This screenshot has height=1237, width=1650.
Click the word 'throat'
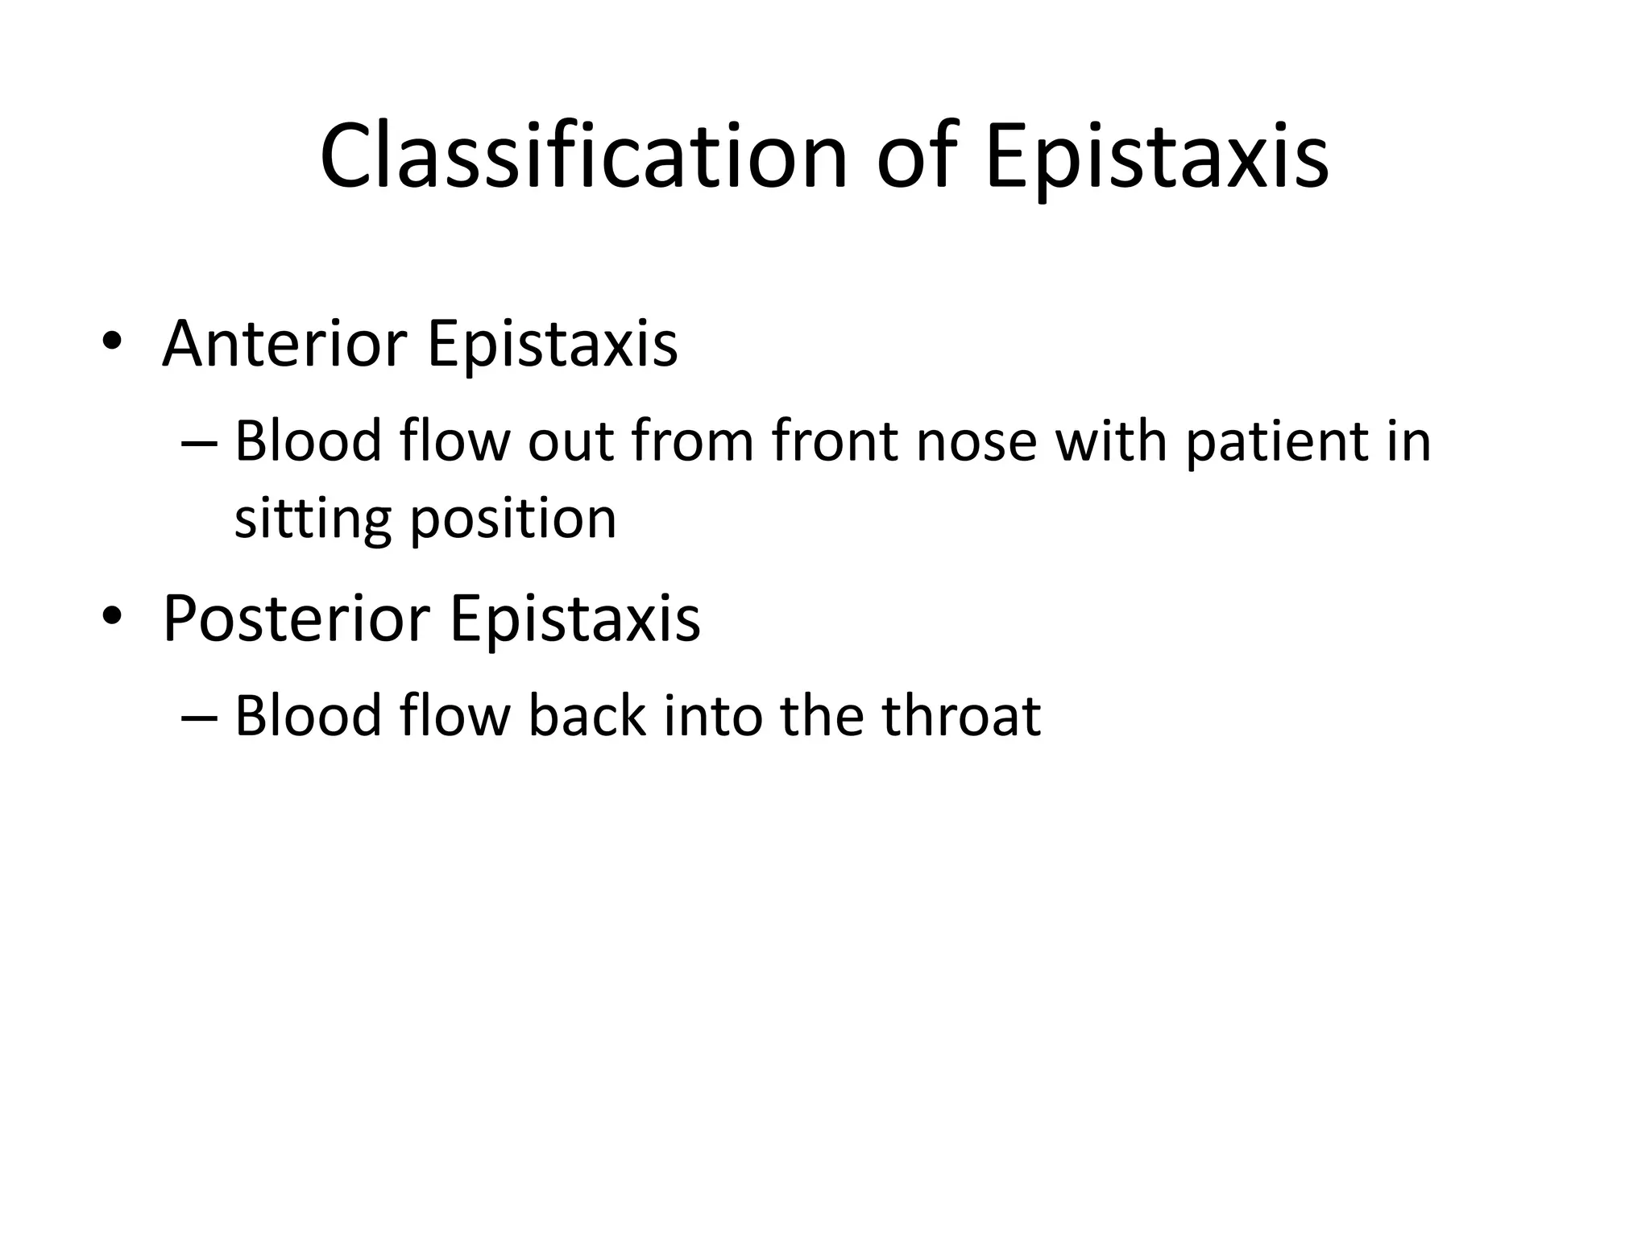[x=961, y=716]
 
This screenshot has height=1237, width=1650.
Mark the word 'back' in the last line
[x=587, y=716]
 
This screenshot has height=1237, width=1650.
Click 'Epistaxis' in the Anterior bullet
[x=552, y=344]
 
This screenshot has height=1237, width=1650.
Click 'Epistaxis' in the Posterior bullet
[x=574, y=618]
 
